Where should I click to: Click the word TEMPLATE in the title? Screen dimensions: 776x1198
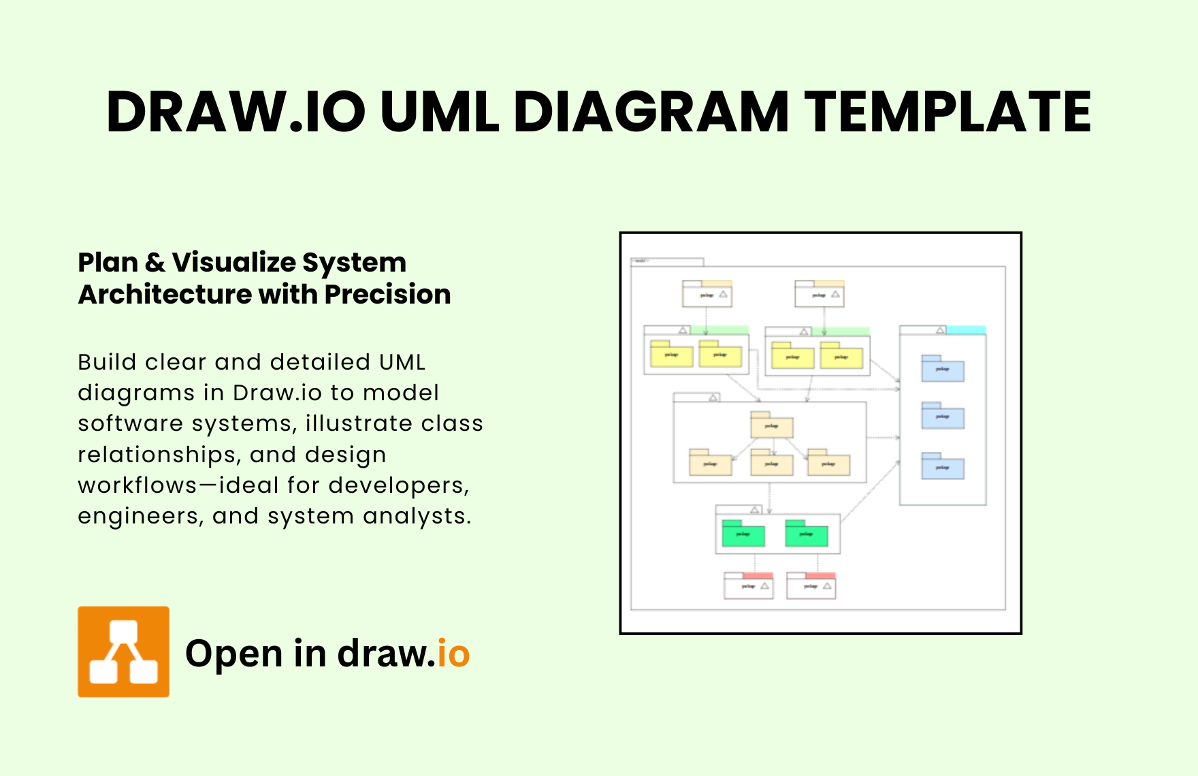(948, 112)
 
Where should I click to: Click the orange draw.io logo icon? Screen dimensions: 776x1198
(123, 651)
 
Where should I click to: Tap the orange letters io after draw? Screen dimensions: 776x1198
(453, 654)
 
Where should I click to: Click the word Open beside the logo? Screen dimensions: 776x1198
(233, 654)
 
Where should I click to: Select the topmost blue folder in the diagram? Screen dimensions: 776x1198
(942, 369)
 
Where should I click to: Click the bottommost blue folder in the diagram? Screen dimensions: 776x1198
(942, 467)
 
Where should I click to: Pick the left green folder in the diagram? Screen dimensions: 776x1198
(743, 534)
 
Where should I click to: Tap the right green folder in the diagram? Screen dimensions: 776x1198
(806, 534)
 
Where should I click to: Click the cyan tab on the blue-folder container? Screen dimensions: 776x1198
(966, 330)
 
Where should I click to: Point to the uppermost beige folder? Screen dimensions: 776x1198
(771, 425)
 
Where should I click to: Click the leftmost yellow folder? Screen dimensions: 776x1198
(671, 355)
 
